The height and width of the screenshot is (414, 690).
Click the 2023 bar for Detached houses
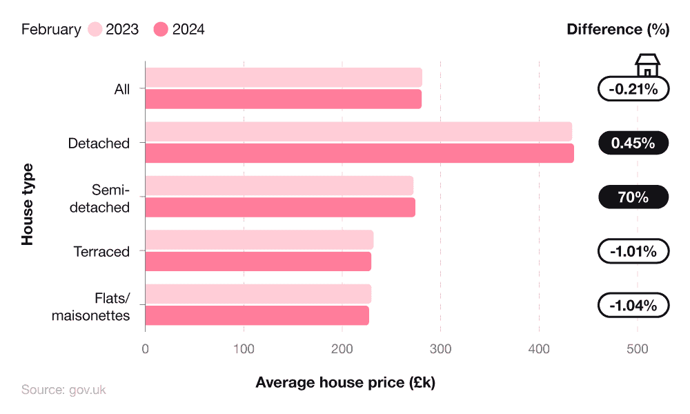(359, 132)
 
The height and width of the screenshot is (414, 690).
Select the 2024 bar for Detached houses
(359, 153)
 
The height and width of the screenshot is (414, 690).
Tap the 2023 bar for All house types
(284, 77)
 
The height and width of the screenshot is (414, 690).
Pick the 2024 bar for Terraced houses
(258, 262)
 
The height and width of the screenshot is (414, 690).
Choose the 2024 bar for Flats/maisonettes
(257, 315)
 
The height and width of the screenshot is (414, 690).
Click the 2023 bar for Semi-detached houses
(279, 186)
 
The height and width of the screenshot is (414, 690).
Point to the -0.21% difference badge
(633, 89)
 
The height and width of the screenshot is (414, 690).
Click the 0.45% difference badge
(633, 143)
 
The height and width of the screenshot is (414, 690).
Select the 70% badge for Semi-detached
(633, 197)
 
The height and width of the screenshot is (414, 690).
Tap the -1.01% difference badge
(633, 251)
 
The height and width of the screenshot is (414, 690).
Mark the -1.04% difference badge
(633, 305)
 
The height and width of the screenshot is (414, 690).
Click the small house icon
(647, 66)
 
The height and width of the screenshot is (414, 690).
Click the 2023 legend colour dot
(95, 30)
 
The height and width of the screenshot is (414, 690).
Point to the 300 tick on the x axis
(440, 349)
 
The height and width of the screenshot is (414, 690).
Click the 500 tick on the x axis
(637, 349)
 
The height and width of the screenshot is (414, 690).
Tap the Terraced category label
(101, 252)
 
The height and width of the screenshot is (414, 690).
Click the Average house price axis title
(345, 382)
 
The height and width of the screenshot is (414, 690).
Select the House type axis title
(27, 204)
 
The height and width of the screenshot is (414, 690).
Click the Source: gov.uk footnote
(63, 390)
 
